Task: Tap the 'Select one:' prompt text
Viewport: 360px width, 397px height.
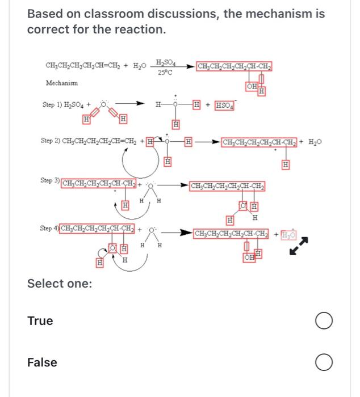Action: [60, 283]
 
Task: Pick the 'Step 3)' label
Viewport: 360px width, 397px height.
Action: [49, 180]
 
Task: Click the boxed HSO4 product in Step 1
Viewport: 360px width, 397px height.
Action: [225, 105]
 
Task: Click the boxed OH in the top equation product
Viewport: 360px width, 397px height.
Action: [252, 86]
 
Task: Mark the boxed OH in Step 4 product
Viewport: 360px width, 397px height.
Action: [249, 258]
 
